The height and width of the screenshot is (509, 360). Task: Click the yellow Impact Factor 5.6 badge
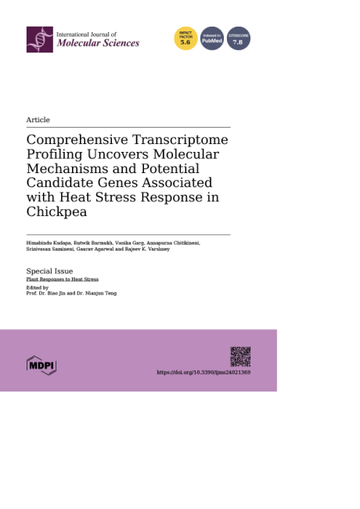click(x=185, y=38)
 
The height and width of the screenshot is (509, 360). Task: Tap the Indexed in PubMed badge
click(x=212, y=38)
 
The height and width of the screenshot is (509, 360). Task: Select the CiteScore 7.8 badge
click(x=239, y=38)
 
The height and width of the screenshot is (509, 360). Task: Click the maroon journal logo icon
click(x=39, y=39)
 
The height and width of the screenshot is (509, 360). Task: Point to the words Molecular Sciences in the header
click(x=98, y=43)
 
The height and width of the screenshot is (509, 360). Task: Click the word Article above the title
click(x=38, y=120)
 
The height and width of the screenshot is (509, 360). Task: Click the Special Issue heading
click(x=49, y=271)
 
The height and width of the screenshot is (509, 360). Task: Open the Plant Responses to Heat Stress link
click(x=63, y=280)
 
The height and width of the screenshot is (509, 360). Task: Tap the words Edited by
click(x=38, y=287)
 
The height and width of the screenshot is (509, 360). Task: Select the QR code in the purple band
click(x=240, y=356)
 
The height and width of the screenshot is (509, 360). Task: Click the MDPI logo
click(x=41, y=364)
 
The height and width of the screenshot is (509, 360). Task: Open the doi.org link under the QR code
click(x=203, y=373)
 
